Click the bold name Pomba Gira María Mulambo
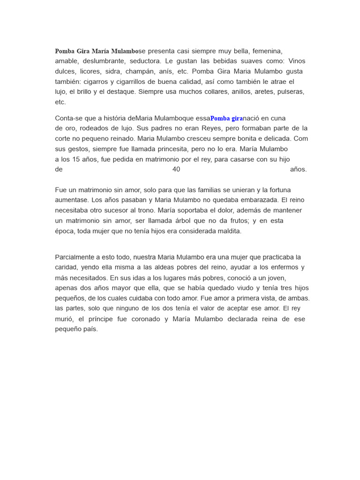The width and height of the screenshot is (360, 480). pos(97,51)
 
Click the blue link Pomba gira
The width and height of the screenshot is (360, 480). pos(226,118)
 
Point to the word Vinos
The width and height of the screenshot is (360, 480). pos(297,61)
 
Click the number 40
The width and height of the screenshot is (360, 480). pos(176,169)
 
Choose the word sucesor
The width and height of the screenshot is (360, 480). pos(131,210)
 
